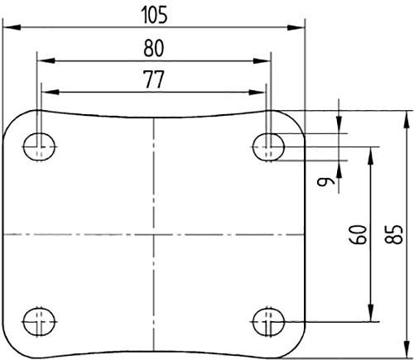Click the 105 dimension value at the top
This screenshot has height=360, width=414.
tap(153, 15)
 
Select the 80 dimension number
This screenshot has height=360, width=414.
tap(154, 49)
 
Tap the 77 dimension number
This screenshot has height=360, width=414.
tap(154, 79)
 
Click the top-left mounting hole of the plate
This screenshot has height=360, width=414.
tap(38, 147)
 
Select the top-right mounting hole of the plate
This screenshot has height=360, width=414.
tap(269, 147)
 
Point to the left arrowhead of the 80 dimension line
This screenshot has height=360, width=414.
tap(42, 60)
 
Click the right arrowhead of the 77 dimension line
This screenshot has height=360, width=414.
tap(262, 90)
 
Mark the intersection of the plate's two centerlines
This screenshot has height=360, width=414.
tap(154, 234)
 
